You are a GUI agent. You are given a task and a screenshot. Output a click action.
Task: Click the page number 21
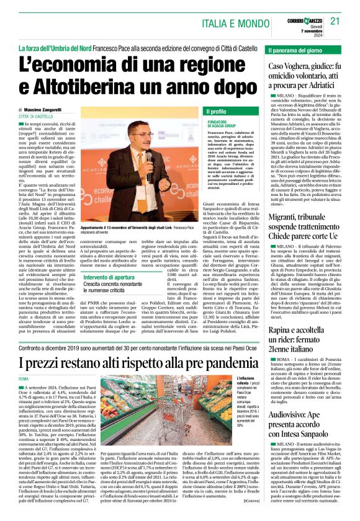coord(336,21)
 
